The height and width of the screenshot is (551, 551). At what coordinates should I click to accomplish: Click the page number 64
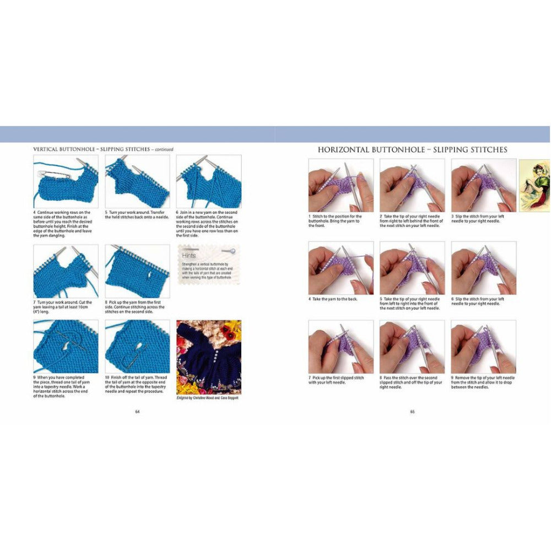coord(137,411)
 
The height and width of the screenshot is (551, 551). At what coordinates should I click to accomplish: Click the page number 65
coord(412,411)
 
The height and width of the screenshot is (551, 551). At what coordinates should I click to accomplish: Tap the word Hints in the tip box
coord(190,256)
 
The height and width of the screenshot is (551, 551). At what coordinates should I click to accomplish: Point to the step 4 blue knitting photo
coord(66,181)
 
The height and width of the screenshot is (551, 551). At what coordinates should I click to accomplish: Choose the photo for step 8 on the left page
coord(137,271)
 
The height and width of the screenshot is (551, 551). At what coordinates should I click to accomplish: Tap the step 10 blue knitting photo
coord(137,346)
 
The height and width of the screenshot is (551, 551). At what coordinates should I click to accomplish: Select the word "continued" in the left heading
coord(164,149)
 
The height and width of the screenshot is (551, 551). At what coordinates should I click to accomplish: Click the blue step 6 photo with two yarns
coord(208,181)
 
